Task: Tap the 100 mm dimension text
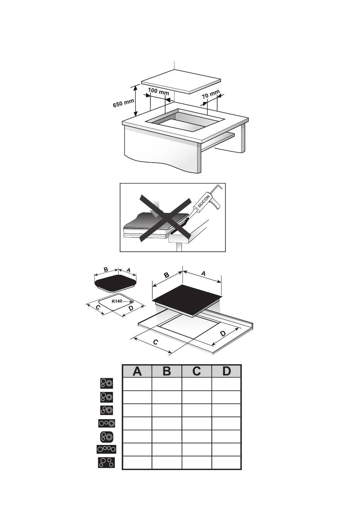point(158,91)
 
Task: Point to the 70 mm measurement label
point(211,94)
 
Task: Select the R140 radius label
point(117,301)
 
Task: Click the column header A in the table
point(137,371)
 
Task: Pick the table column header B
point(167,371)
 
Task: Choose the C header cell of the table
point(197,371)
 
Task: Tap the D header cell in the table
point(226,371)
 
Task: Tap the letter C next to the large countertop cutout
point(156,342)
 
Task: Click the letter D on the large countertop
point(223,334)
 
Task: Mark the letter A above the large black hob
point(203,274)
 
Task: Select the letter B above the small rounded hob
point(106,269)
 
